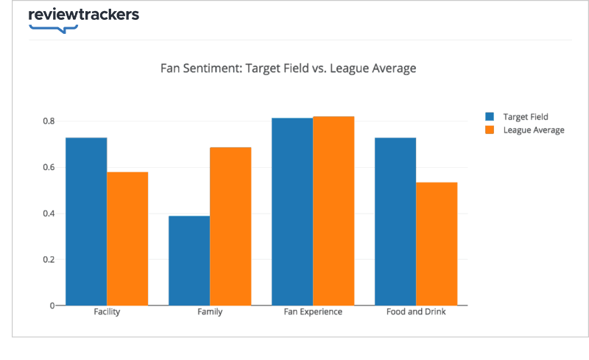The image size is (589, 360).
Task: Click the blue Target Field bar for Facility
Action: coord(86,221)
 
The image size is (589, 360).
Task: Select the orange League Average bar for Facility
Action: coord(127,239)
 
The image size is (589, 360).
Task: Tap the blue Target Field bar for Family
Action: coord(189,261)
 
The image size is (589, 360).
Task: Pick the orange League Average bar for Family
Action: coord(230,226)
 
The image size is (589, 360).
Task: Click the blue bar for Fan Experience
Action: coord(292,211)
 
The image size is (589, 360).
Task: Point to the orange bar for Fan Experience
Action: coord(334,211)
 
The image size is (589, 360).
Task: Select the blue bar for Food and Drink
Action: coord(395,221)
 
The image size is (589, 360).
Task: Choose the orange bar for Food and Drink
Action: coord(437,244)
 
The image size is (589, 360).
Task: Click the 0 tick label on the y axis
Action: coord(51,306)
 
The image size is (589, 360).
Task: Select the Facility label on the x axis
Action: coord(107,312)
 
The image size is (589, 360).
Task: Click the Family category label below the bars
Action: coord(210,312)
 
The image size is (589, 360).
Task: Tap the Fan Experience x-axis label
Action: coord(313,312)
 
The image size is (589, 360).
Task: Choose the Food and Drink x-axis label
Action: coord(416,312)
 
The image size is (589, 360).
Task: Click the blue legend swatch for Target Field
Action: coord(490,116)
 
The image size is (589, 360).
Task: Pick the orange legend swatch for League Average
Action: coord(490,130)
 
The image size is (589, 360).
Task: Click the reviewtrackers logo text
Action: coord(83,15)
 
